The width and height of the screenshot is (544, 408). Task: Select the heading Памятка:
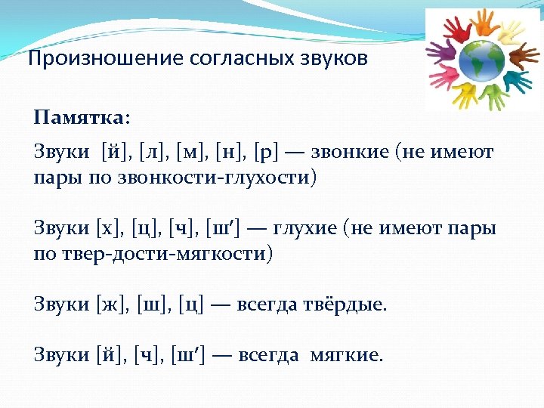(x=82, y=119)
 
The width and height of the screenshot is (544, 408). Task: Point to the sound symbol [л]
(x=154, y=153)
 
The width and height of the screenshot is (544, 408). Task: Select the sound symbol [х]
(x=110, y=228)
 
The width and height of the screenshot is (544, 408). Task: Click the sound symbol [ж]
(x=113, y=304)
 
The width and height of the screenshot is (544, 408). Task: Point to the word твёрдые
(x=345, y=304)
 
